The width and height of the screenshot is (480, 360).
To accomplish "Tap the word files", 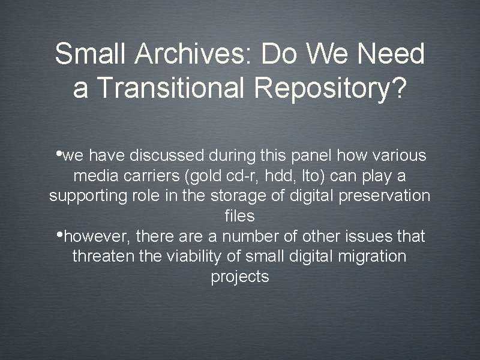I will coord(240,217).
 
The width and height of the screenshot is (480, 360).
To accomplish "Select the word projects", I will coord(240,277).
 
